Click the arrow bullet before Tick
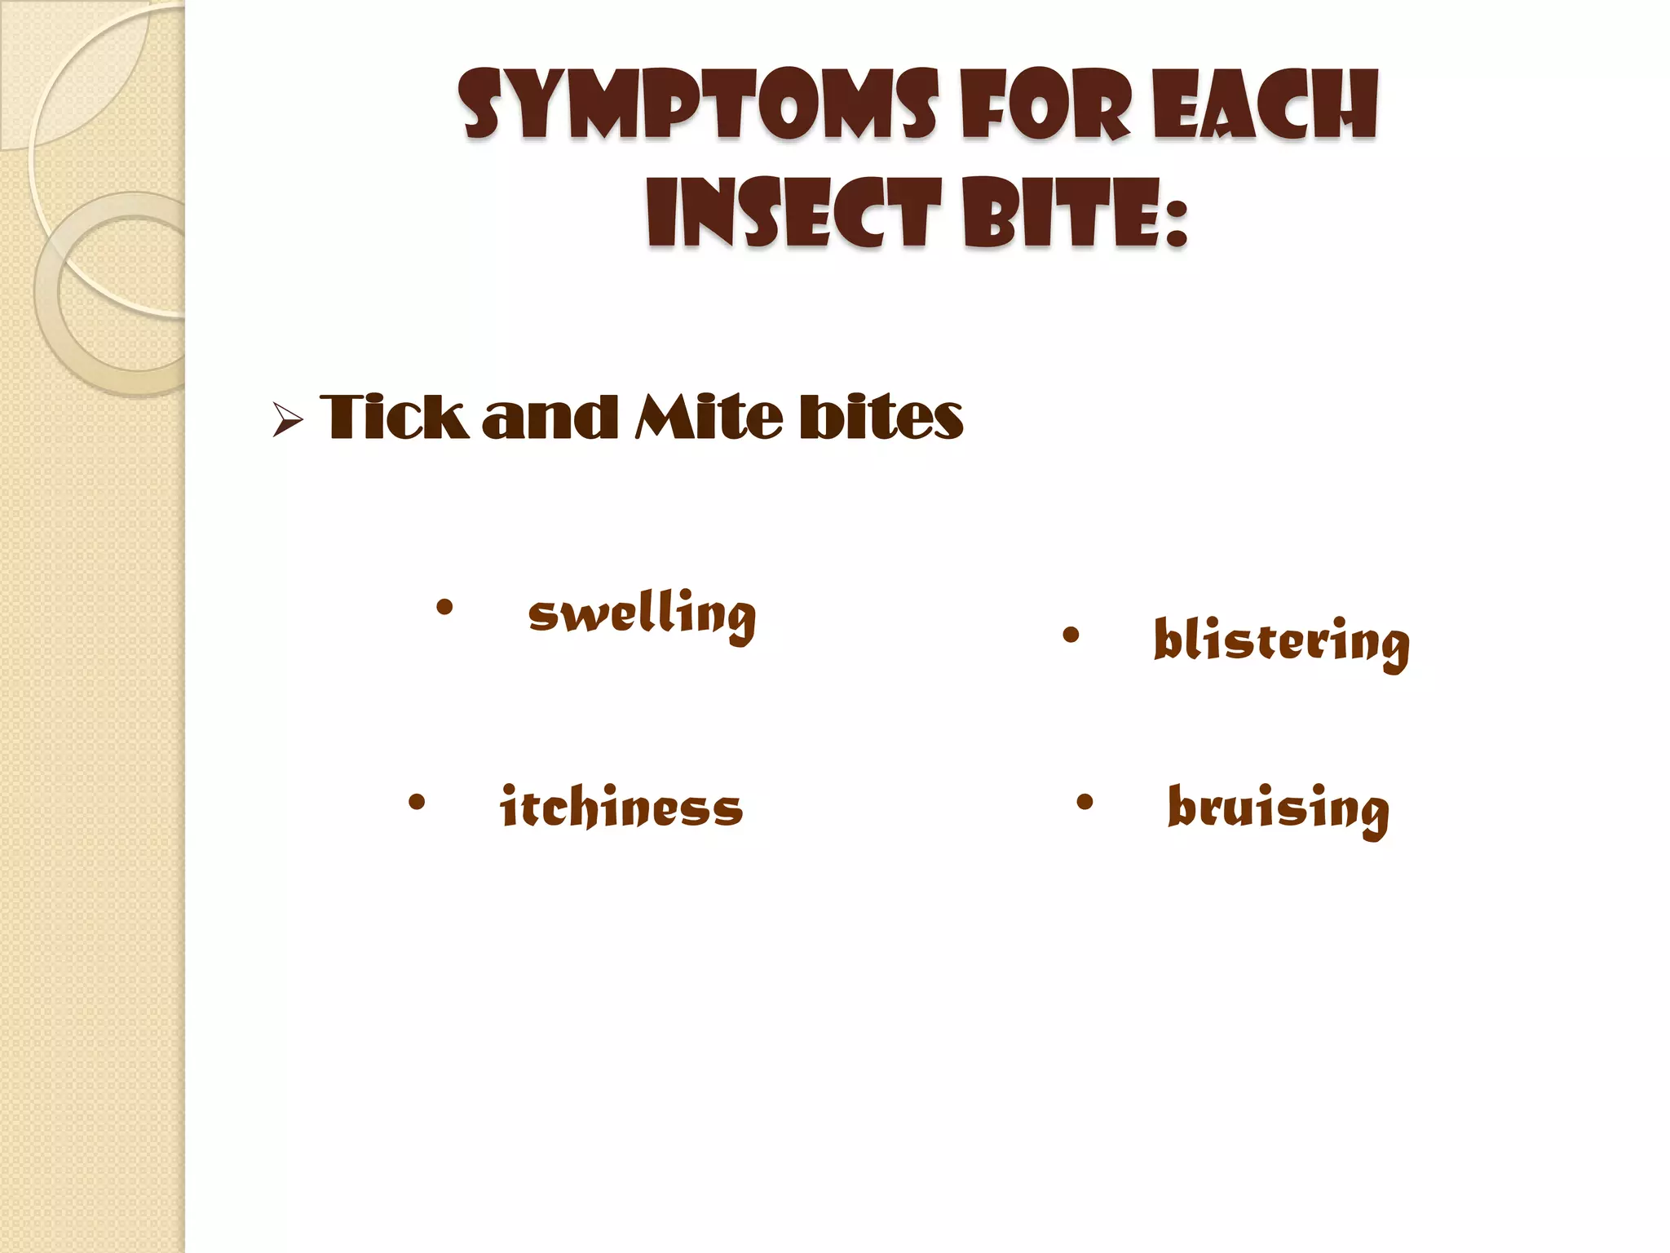[287, 421]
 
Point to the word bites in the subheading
[881, 417]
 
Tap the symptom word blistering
[1281, 643]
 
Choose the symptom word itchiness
[621, 808]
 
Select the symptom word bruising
[1278, 809]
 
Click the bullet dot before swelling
[444, 607]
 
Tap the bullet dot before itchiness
[416, 802]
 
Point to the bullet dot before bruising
[1084, 802]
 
